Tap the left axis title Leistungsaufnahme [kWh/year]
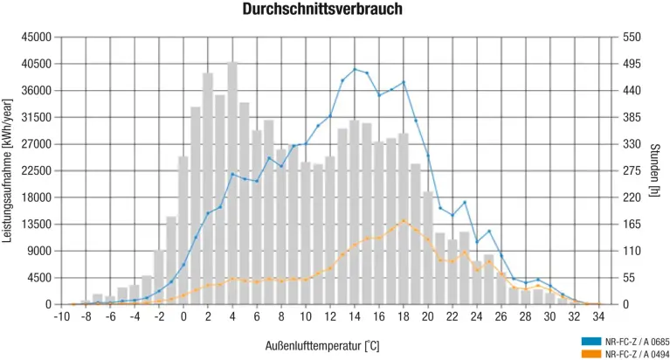tap(8, 170)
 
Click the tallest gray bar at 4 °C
tap(232, 183)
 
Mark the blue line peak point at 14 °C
tap(355, 69)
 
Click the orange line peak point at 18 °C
tap(404, 220)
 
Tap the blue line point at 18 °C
tap(404, 82)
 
